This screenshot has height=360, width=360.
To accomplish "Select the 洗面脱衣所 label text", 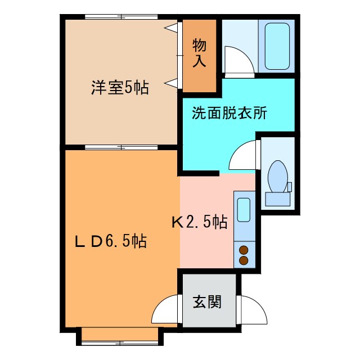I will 229,112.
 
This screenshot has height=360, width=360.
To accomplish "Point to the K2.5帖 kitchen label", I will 199,222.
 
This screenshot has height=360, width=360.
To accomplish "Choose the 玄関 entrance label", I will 207,302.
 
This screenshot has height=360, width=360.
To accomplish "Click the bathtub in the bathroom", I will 276,47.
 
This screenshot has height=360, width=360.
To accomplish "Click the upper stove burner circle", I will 245,250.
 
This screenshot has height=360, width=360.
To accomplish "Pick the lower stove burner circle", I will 245,260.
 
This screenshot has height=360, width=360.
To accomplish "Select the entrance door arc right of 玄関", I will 250,308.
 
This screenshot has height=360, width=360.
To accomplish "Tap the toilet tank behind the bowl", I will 277,197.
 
